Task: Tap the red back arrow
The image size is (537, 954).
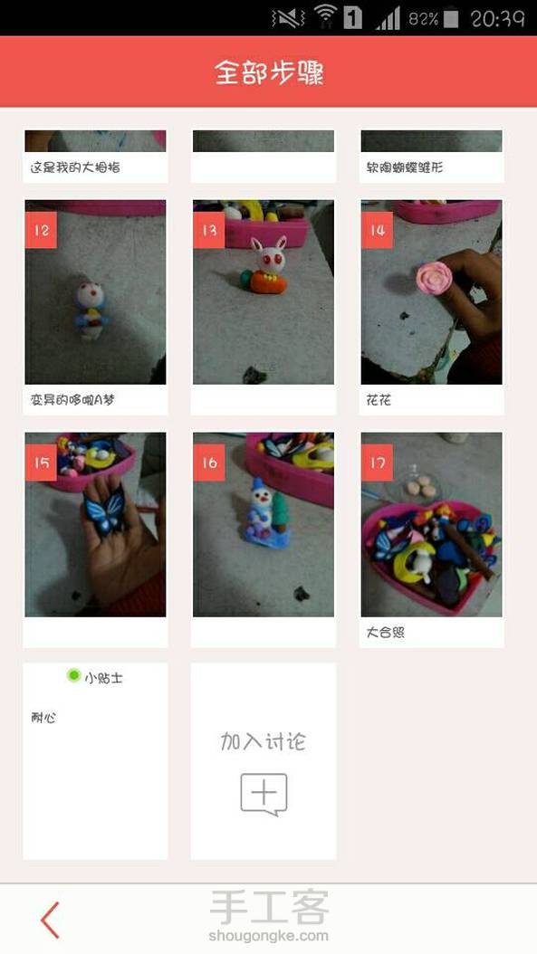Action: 50,920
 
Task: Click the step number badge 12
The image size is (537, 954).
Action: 41,230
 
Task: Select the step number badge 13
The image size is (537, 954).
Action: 209,230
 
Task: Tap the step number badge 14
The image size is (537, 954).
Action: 377,230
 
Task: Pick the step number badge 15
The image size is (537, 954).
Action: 41,463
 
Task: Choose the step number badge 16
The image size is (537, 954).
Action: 209,463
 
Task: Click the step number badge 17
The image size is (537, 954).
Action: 377,463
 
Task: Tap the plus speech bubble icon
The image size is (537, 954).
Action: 264,794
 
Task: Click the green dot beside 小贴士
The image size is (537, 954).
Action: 73,675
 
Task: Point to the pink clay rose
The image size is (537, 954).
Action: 435,278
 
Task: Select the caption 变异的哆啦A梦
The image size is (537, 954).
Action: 72,400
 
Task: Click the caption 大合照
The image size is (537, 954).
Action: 386,632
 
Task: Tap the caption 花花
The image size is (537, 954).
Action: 379,400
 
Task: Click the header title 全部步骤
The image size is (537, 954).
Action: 268,72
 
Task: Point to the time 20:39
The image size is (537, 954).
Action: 497,18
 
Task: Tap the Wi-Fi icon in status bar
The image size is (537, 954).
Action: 326,16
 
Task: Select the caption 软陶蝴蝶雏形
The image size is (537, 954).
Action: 404,167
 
